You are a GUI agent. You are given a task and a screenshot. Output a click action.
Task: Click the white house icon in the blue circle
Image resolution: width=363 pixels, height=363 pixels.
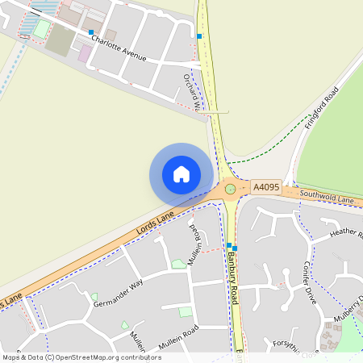point(181,173)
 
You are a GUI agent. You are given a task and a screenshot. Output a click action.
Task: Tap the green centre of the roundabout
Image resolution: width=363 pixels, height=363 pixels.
point(230,189)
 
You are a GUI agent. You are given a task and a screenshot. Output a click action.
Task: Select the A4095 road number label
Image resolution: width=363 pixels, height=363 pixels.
point(266,186)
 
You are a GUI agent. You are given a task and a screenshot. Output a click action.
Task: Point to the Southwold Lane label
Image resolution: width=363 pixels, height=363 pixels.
point(327,196)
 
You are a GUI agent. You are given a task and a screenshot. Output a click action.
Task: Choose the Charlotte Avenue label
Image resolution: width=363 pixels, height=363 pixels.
point(118,47)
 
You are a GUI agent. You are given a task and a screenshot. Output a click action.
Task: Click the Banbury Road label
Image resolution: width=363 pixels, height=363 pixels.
point(233,277)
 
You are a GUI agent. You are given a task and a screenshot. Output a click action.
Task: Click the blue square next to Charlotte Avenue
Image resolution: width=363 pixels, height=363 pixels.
point(90,32)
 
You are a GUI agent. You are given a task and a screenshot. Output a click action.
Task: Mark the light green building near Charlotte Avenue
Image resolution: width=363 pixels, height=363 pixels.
point(40,29)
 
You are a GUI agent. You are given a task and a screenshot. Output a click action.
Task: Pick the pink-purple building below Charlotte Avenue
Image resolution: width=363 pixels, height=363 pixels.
point(84,53)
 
